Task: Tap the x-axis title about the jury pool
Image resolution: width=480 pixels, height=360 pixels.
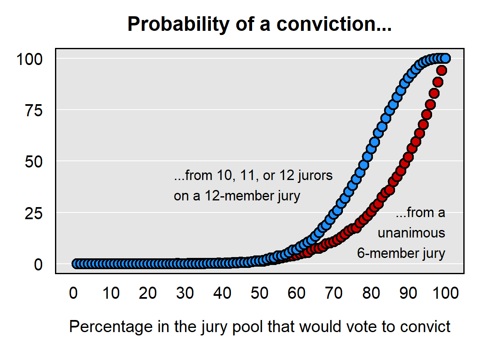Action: pos(260,327)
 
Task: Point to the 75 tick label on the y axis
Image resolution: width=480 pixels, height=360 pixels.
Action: pos(34,110)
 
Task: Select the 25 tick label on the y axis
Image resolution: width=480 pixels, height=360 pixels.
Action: pos(34,213)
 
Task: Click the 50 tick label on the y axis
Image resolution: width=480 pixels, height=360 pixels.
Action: pos(34,162)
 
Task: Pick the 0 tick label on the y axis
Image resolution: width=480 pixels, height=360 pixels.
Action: pos(38,265)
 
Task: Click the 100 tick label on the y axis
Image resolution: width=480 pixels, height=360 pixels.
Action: pos(30,59)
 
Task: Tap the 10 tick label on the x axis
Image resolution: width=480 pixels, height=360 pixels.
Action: pos(111,293)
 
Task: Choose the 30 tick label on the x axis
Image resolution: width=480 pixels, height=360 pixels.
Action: pos(185,293)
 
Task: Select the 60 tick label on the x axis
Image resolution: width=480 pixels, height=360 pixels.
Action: pos(297,293)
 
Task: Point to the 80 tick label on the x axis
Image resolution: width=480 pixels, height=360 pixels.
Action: pos(371,293)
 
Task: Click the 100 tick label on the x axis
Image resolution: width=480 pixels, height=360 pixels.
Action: pos(446,293)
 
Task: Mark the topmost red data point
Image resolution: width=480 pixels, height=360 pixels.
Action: pos(442,71)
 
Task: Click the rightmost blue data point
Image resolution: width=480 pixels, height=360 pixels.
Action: pos(445,58)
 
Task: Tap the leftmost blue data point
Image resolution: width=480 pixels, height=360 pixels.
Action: pos(77,264)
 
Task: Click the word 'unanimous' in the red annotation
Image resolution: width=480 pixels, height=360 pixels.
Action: pos(411,233)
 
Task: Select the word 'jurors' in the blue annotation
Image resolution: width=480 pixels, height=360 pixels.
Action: pos(315,176)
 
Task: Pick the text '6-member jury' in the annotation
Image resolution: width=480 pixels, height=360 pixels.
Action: pos(401,254)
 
